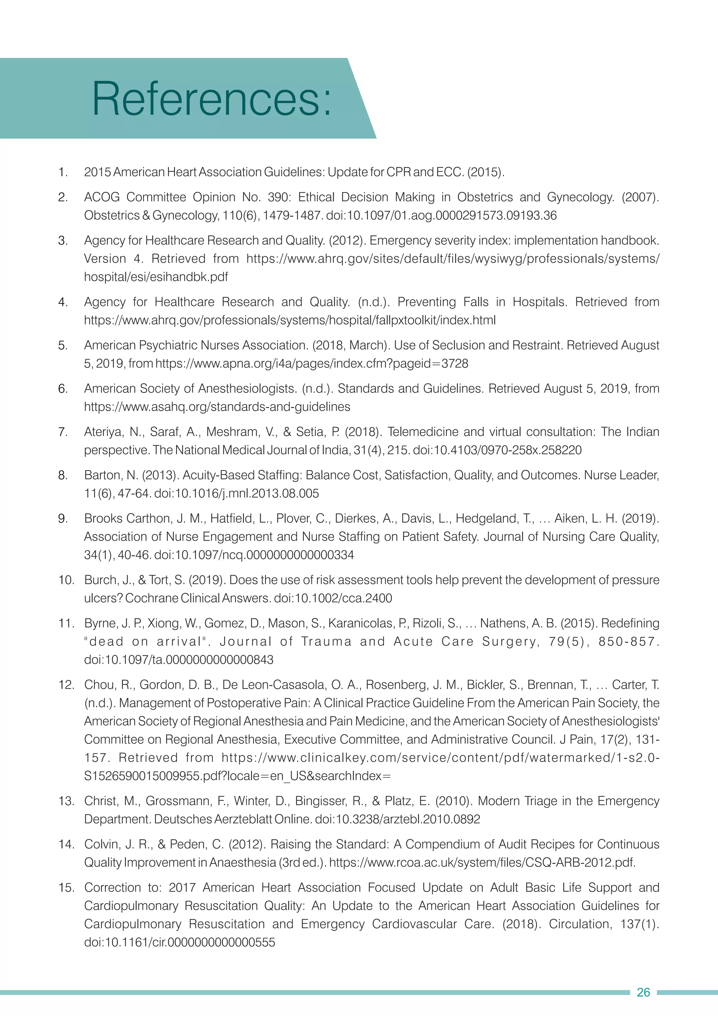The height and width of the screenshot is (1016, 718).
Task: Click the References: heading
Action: tap(211, 99)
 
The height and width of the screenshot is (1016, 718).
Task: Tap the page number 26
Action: tap(643, 992)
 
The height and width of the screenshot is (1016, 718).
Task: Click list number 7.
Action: tap(63, 432)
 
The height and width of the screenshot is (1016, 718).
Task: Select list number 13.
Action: tap(66, 801)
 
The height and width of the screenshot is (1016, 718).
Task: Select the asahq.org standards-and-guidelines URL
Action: tap(217, 407)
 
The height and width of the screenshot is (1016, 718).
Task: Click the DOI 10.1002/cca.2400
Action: tap(333, 598)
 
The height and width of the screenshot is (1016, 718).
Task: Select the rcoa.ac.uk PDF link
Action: tap(482, 862)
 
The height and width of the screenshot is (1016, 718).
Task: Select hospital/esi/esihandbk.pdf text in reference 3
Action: tap(156, 277)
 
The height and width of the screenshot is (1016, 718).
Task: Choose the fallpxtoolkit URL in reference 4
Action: tap(290, 320)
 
